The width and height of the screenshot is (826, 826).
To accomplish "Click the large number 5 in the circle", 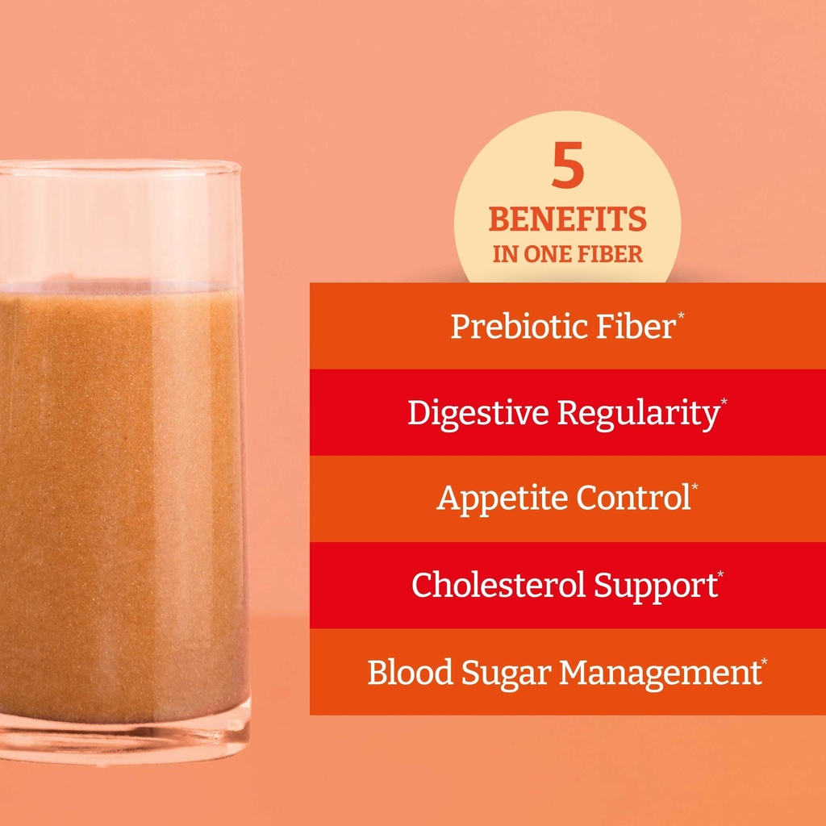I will [568, 167].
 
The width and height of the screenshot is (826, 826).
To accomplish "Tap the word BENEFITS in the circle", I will [567, 219].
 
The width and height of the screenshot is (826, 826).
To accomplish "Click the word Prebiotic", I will [505, 327].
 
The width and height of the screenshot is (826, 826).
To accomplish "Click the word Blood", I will [406, 672].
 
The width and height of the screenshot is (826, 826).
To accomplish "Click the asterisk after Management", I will [764, 664].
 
